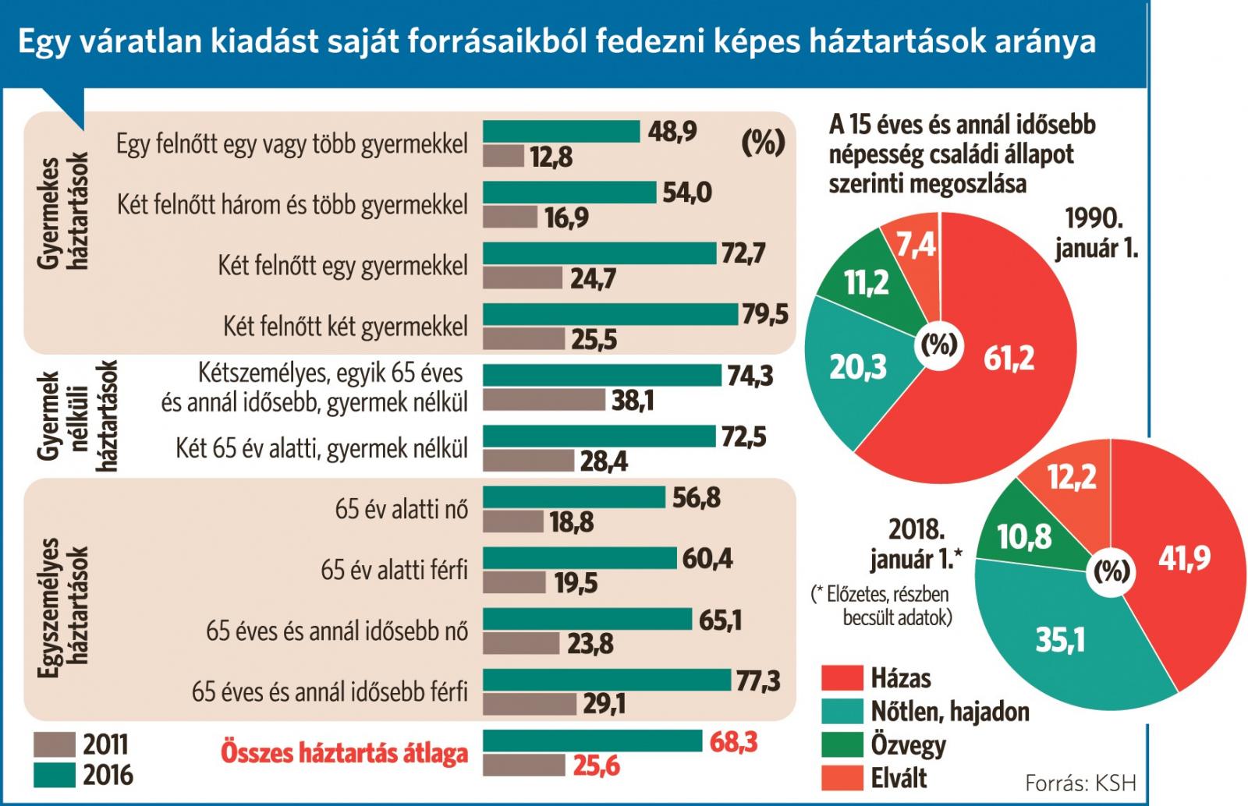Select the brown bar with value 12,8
[x=504, y=157]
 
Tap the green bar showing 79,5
[x=610, y=314]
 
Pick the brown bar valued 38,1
[x=544, y=401]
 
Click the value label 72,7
[x=743, y=254]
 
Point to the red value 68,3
[x=733, y=741]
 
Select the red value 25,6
[x=597, y=766]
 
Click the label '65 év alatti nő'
[x=402, y=510]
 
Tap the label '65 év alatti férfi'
[x=394, y=571]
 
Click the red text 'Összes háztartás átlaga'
[x=345, y=753]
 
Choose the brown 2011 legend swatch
[x=55, y=744]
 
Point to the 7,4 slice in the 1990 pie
[x=914, y=246]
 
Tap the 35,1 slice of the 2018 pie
[x=1061, y=639]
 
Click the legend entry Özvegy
[x=908, y=745]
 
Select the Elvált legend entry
[x=899, y=777]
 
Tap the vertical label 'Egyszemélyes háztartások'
[x=65, y=600]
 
